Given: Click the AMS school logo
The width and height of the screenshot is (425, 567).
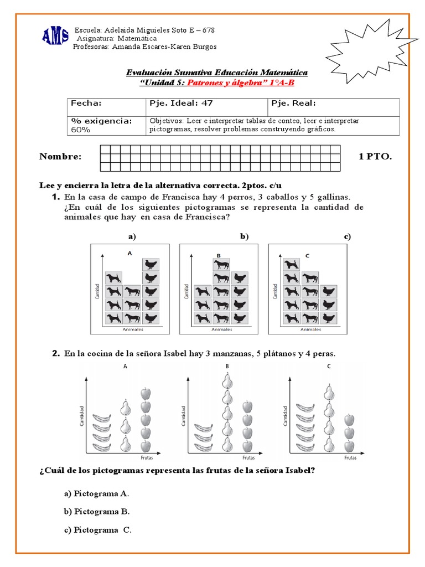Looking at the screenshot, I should click(55, 37).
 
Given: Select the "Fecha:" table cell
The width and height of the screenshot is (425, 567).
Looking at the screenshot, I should click(106, 107).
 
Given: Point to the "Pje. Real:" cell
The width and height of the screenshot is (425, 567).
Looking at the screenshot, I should click(334, 107).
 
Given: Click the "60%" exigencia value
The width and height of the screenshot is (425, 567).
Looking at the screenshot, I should click(81, 130).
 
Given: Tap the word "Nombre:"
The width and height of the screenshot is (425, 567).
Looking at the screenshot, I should click(60, 157).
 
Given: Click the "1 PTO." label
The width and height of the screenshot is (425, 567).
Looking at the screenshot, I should click(375, 157).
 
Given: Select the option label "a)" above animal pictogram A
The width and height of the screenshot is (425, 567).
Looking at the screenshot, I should click(132, 236).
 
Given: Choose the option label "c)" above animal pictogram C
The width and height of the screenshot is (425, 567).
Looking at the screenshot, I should click(347, 236).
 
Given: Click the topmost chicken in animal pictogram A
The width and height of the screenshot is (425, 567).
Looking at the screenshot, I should click(150, 264).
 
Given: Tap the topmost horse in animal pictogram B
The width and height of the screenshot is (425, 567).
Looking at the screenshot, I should click(222, 264).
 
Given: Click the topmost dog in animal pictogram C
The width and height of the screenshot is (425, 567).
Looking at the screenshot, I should click(292, 265).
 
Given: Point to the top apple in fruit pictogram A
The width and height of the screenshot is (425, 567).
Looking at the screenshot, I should click(145, 393).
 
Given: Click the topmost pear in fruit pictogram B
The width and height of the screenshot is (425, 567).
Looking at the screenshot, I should click(226, 380).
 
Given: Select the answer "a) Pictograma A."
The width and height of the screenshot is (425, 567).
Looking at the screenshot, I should click(96, 493).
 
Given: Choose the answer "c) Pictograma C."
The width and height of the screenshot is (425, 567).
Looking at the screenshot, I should click(98, 530).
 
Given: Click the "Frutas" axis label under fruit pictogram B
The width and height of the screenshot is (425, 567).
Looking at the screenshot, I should click(249, 458).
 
